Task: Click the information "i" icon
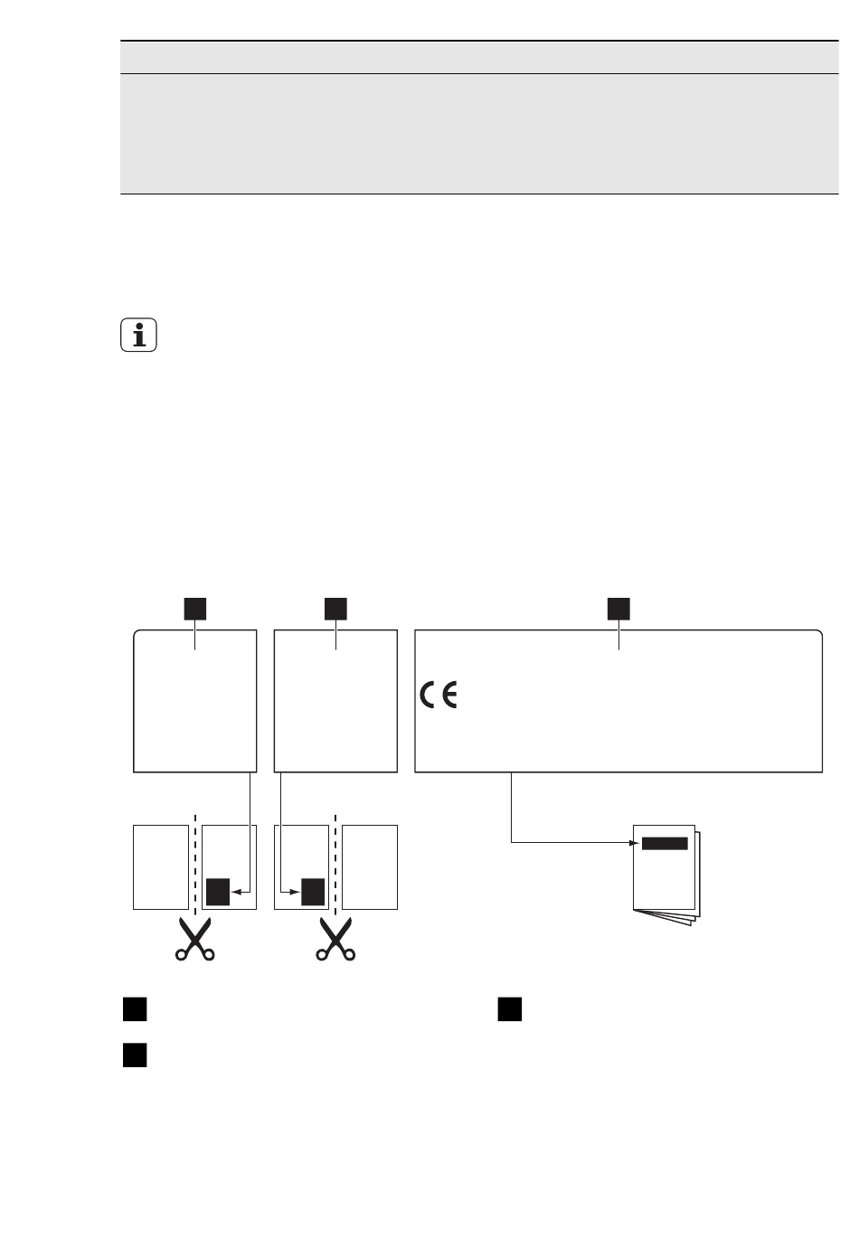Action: pos(138,335)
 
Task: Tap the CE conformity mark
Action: pos(439,695)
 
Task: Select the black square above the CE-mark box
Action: pos(618,609)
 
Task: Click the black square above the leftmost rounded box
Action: pos(195,609)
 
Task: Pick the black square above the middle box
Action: pos(335,609)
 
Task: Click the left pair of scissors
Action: pos(195,939)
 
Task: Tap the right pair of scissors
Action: pos(335,939)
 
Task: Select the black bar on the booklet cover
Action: pos(665,843)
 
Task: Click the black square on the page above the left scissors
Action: pos(218,892)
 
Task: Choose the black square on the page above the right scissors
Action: pos(313,892)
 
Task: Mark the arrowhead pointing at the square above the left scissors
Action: pos(236,892)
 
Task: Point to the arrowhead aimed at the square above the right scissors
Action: pos(295,892)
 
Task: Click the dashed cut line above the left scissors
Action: pos(195,865)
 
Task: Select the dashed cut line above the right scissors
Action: pos(335,865)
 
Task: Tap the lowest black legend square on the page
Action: pos(135,1055)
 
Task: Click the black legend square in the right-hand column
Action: pos(509,1009)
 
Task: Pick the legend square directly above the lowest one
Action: pos(135,1009)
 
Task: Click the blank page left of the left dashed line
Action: pos(161,867)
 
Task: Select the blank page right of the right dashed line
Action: pos(370,867)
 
